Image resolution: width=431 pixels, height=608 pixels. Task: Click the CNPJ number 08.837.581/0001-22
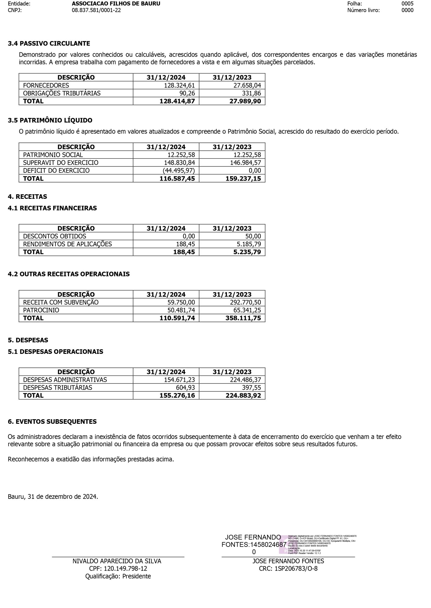click(x=96, y=10)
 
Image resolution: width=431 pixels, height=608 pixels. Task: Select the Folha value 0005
click(x=407, y=4)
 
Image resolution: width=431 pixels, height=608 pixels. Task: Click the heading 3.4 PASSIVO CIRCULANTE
click(x=49, y=43)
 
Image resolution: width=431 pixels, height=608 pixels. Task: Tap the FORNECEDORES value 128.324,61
click(x=179, y=85)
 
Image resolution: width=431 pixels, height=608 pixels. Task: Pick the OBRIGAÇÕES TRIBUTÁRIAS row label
click(x=62, y=93)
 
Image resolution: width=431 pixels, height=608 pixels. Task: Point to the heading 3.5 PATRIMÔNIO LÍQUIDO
click(x=50, y=120)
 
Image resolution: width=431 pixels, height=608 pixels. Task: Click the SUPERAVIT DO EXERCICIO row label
click(x=60, y=163)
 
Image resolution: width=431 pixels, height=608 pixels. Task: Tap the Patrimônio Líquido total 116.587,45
click(x=177, y=178)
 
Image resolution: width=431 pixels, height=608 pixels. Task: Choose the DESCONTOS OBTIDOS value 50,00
click(x=253, y=236)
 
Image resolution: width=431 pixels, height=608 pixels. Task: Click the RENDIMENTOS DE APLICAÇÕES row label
click(x=67, y=244)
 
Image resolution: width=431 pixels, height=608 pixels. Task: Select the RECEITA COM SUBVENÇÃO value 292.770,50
click(x=245, y=302)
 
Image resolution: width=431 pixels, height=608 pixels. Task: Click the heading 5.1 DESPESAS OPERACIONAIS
click(x=56, y=352)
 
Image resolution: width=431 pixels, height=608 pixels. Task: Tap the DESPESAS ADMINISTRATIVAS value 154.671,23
click(x=179, y=380)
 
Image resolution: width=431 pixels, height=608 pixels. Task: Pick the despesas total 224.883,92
click(x=243, y=396)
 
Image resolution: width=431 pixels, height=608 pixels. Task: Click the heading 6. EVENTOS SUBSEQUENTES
click(x=52, y=422)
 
